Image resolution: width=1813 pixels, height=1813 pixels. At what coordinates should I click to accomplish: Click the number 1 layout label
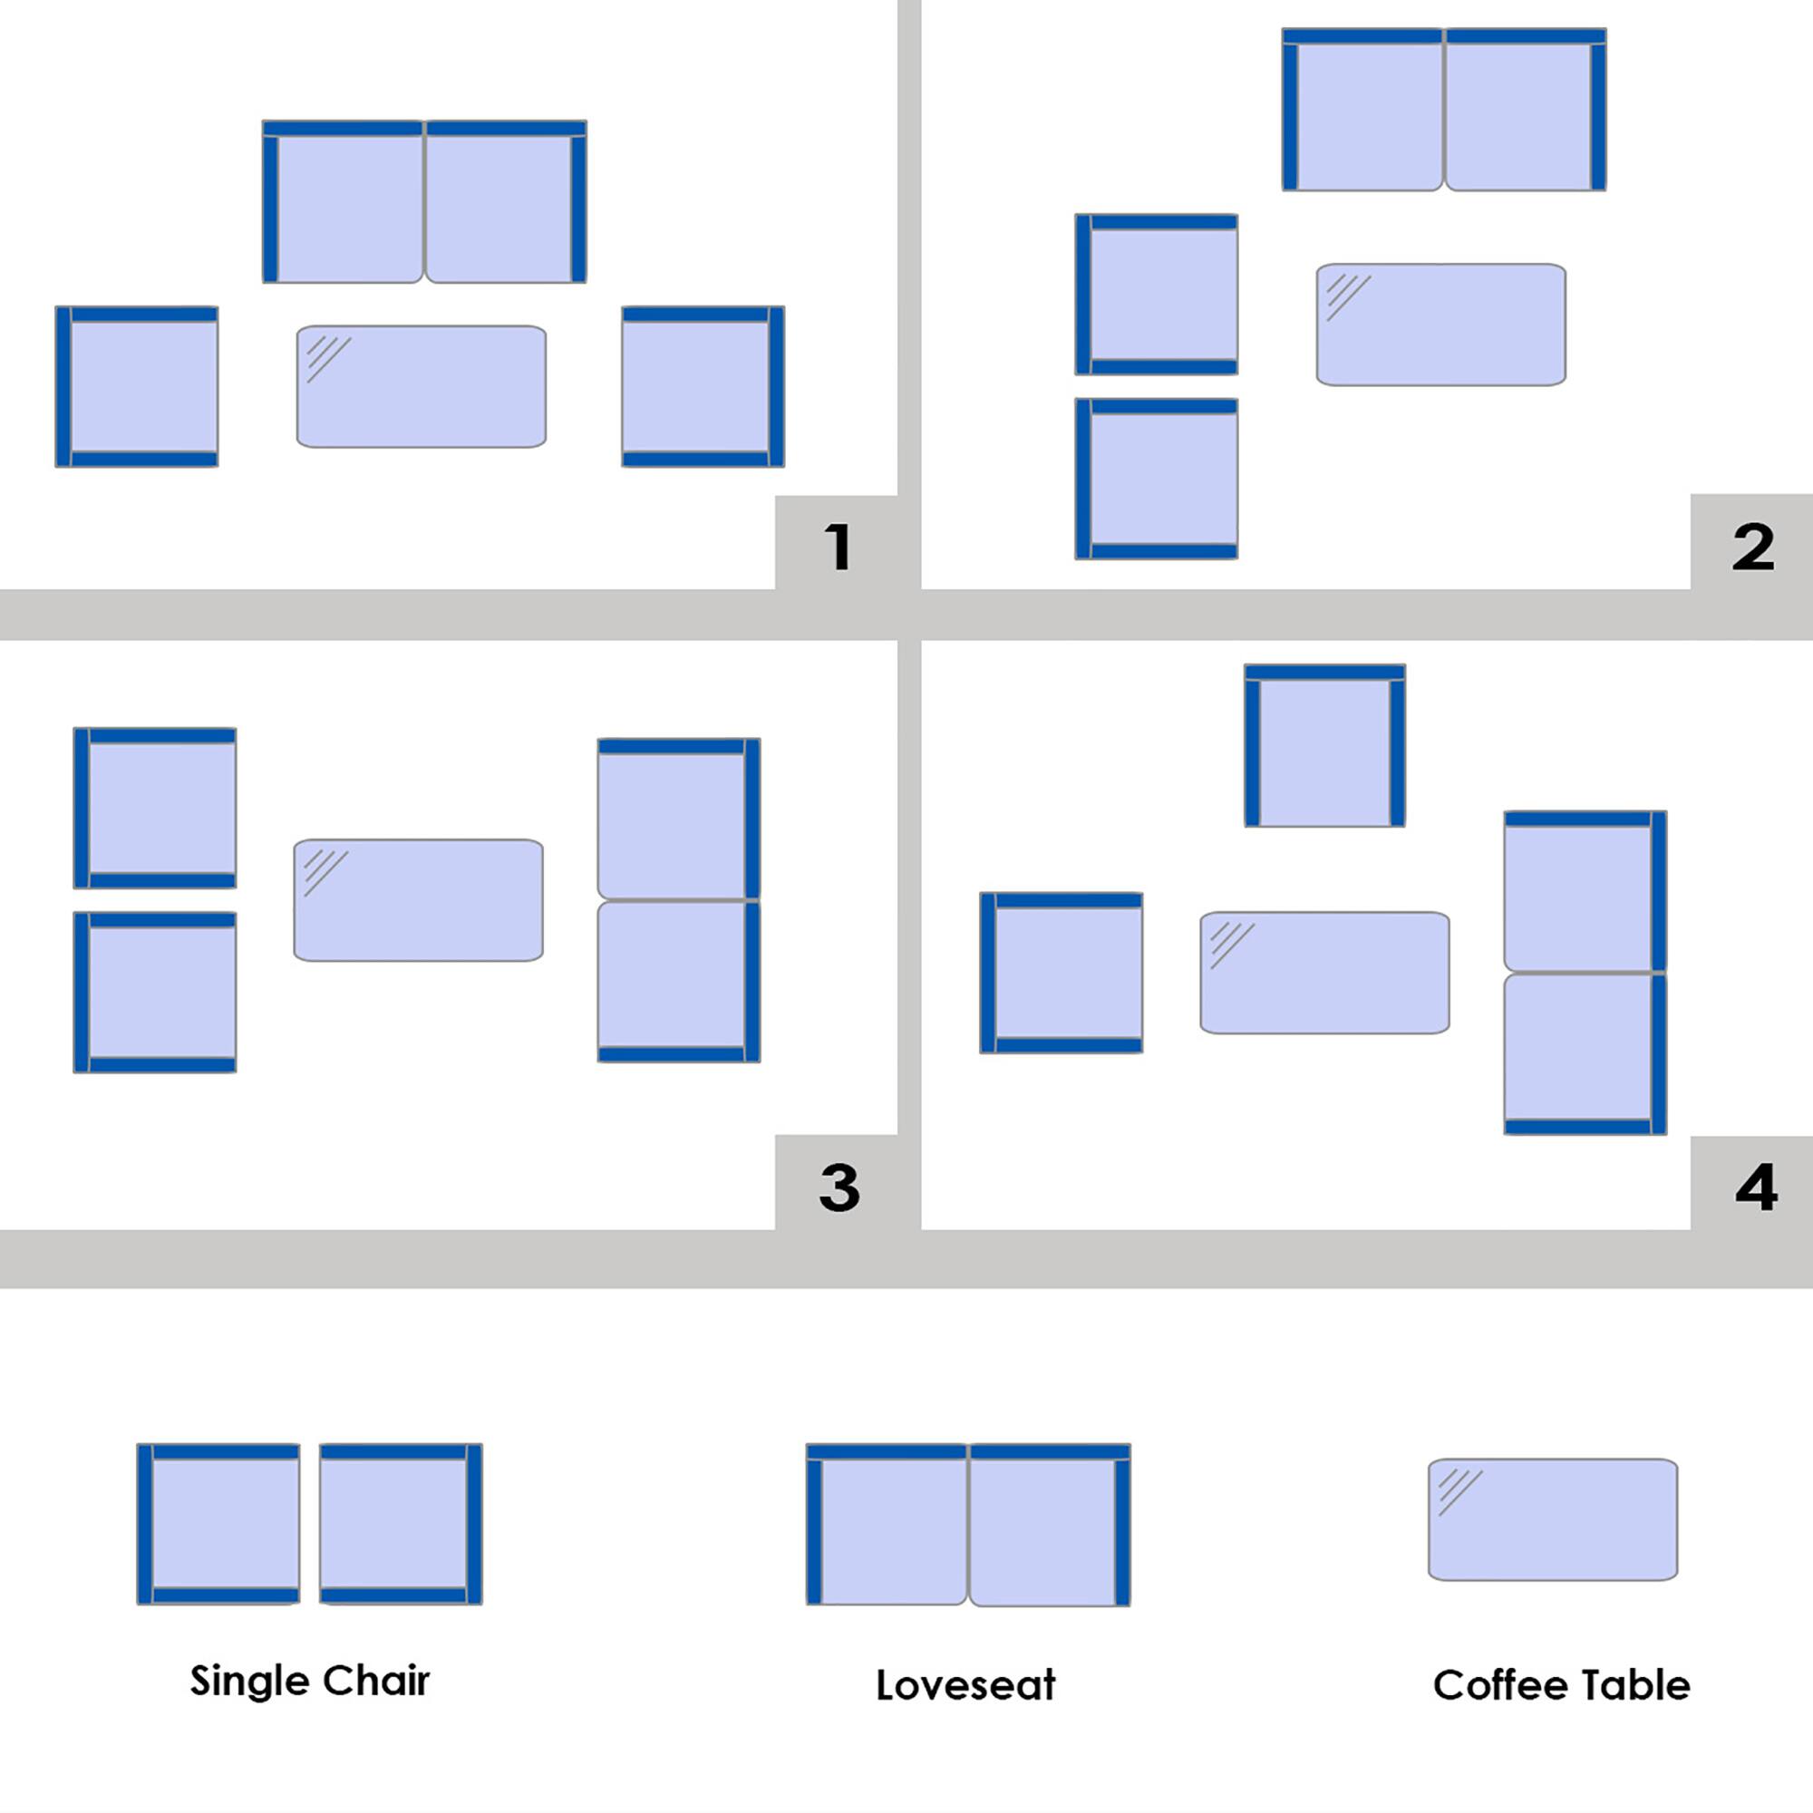[x=839, y=546]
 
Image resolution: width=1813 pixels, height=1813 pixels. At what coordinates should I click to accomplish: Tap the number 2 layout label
[x=1753, y=546]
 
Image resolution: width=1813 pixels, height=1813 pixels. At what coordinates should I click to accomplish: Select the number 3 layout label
[x=839, y=1188]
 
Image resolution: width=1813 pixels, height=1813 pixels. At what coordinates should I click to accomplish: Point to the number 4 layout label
[x=1756, y=1188]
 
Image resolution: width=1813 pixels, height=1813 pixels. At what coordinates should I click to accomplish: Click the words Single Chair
[x=310, y=1681]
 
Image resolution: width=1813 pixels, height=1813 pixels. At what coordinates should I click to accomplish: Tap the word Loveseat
[x=965, y=1685]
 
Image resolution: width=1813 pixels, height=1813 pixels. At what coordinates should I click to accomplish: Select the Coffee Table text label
[x=1562, y=1685]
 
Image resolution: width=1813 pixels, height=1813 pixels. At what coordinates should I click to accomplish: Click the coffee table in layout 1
[x=422, y=387]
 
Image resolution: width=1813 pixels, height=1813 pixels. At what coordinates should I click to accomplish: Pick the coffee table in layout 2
[x=1440, y=325]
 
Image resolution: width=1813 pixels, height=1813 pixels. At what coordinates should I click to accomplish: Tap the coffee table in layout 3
[x=419, y=900]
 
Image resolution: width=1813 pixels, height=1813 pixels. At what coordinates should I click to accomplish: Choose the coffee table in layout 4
[x=1325, y=972]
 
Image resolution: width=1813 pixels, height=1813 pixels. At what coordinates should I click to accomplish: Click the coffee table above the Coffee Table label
[x=1553, y=1519]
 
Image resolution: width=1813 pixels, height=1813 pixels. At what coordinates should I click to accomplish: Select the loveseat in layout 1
[x=424, y=201]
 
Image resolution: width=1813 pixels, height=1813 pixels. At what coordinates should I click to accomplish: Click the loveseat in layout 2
[x=1444, y=109]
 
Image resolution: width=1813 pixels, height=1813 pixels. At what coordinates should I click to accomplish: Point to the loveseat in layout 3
[x=679, y=900]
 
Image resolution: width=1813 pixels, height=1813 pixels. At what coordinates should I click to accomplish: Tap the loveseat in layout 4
[x=1585, y=972]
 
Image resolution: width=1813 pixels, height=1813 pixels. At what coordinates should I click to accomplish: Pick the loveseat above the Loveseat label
[x=968, y=1525]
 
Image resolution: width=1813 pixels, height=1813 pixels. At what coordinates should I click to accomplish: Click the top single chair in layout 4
[x=1325, y=746]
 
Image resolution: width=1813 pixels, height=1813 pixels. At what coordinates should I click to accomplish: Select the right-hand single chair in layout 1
[x=703, y=387]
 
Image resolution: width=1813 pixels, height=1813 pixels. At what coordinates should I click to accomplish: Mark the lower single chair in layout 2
[x=1156, y=479]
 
